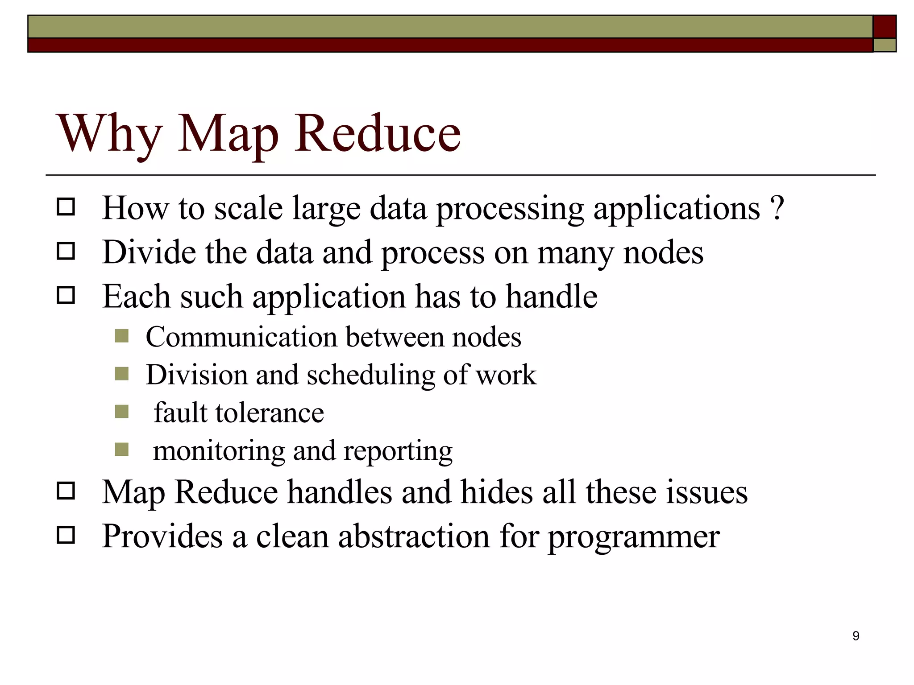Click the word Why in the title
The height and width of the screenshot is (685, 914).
pyautogui.click(x=109, y=134)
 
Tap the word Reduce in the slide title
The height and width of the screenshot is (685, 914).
pyautogui.click(x=377, y=134)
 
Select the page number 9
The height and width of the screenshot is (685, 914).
pyautogui.click(x=856, y=636)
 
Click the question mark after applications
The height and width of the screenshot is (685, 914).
pyautogui.click(x=777, y=208)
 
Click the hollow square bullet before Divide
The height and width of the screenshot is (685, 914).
pyautogui.click(x=66, y=252)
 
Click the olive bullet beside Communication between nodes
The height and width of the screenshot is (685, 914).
pyautogui.click(x=121, y=336)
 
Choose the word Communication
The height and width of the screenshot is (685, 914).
pyautogui.click(x=241, y=337)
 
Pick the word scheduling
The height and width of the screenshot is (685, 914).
pyautogui.click(x=370, y=375)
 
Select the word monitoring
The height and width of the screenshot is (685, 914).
pyautogui.click(x=219, y=451)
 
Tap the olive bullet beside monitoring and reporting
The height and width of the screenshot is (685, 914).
pyautogui.click(x=121, y=449)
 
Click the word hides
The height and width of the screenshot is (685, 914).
pyautogui.click(x=497, y=492)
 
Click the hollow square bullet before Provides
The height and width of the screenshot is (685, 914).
pyautogui.click(x=66, y=535)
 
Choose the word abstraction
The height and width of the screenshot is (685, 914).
pyautogui.click(x=414, y=536)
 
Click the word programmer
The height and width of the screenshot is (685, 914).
pyautogui.click(x=634, y=537)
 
